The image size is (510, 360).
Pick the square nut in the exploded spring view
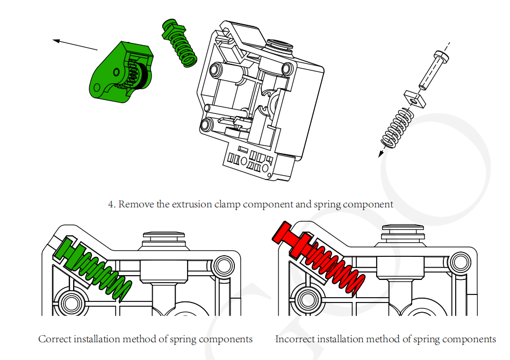point(414,98)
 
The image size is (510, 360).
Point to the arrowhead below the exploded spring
point(381,154)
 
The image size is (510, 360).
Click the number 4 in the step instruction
point(111,205)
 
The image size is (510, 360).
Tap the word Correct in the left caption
point(55,339)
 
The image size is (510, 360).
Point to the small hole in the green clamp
point(116,71)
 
